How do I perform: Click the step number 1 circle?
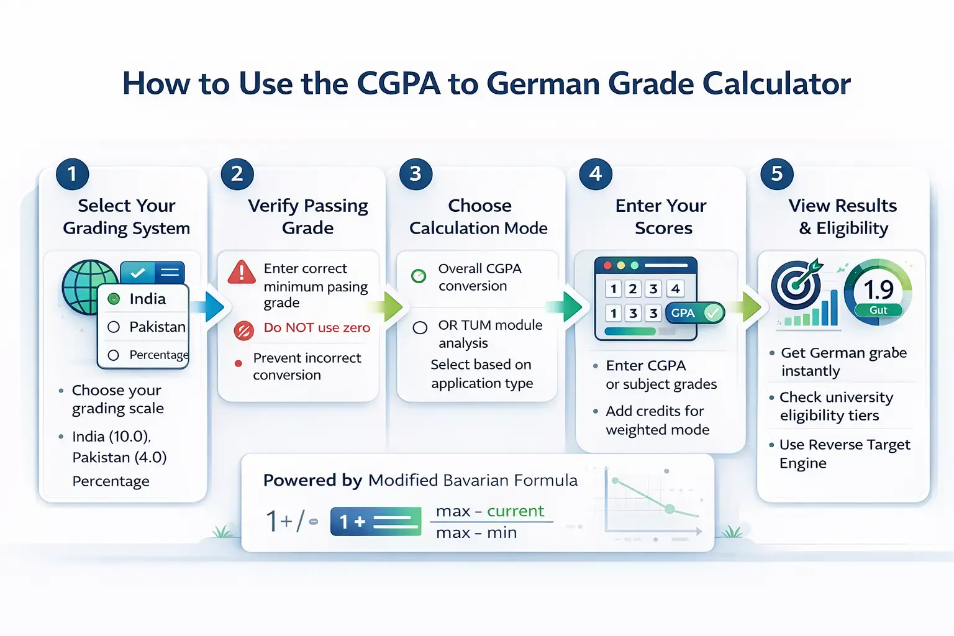(x=72, y=174)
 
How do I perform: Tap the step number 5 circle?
(x=776, y=174)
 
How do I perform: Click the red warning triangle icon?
(x=242, y=272)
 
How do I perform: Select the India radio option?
(x=114, y=299)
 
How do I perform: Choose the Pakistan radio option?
(x=114, y=327)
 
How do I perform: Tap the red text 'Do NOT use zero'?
(x=317, y=327)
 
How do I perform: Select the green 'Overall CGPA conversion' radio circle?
(x=419, y=276)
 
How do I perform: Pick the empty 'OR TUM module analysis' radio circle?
(x=420, y=327)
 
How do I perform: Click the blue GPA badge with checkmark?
(x=694, y=313)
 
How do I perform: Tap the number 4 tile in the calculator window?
(x=675, y=289)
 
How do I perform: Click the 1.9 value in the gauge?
(x=878, y=289)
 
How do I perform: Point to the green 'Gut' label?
(x=878, y=310)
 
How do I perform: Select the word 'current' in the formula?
(x=516, y=511)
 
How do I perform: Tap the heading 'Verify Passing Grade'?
(x=308, y=217)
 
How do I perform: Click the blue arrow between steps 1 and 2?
(x=212, y=306)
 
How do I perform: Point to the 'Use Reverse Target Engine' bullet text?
(x=845, y=454)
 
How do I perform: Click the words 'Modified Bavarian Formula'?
(x=473, y=480)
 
